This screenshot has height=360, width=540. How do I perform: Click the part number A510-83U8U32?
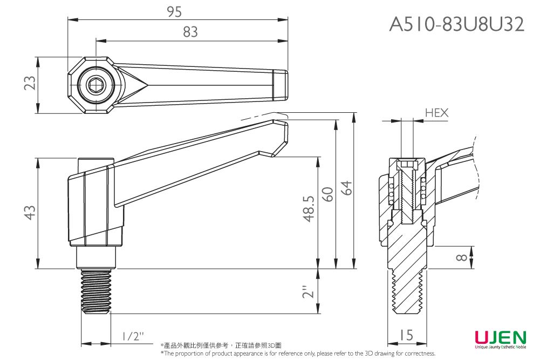coord(456,24)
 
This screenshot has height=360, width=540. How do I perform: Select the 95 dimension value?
coord(174,12)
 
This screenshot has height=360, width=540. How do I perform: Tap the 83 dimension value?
coord(190,32)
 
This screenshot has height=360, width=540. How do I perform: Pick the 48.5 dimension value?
coord(308,208)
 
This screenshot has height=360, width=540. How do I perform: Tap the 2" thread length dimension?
coord(308,291)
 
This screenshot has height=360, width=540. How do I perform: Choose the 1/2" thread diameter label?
coord(133,336)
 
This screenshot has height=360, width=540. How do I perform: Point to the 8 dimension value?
coord(460,257)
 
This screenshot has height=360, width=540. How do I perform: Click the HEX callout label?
coord(436,113)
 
